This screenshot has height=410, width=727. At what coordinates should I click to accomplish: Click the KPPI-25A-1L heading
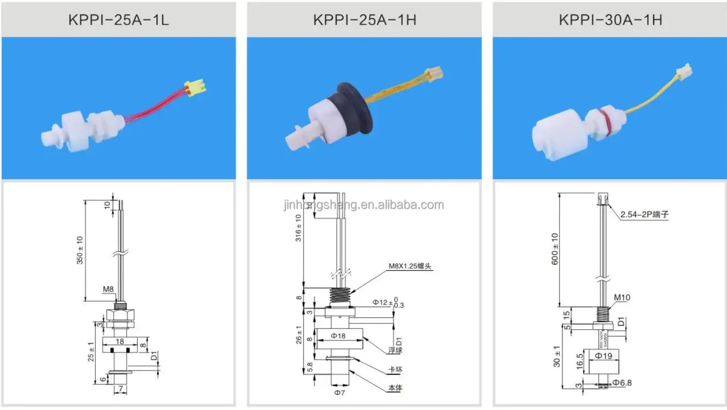point(118,20)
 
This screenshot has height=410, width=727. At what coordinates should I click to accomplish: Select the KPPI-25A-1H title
point(364,20)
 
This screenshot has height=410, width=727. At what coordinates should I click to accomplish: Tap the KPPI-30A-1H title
point(610,20)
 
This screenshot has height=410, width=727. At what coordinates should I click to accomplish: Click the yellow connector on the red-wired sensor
point(194,88)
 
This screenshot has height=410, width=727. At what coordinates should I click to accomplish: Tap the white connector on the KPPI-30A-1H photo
point(684,73)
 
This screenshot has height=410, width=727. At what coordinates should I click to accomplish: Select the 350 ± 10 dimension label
point(80,250)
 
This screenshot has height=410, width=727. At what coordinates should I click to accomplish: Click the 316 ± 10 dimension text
point(298,228)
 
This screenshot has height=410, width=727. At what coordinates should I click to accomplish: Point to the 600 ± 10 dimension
point(555,249)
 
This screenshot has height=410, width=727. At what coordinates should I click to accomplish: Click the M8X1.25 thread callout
point(410,266)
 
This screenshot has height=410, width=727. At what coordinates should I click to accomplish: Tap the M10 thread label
point(622,297)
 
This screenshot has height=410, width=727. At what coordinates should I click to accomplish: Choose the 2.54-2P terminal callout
point(644,215)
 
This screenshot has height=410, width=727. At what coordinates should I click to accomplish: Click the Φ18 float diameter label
point(338,336)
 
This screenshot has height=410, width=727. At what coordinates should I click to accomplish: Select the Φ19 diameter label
point(603,355)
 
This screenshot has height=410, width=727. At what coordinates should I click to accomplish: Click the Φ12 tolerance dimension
point(388,303)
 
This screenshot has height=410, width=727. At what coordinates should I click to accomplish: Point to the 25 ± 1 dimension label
point(91,352)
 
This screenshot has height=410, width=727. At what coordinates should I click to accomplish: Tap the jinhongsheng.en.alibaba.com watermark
point(364,205)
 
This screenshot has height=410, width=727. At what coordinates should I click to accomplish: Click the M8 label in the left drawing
point(108,289)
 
